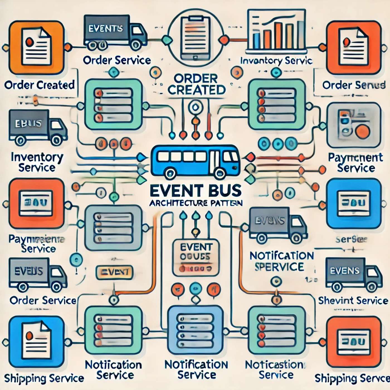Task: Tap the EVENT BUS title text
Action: click(x=195, y=191)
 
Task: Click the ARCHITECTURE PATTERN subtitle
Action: click(x=196, y=203)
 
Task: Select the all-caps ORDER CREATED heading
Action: click(x=196, y=84)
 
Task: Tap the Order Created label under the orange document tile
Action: click(x=40, y=85)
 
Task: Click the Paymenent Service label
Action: click(x=355, y=163)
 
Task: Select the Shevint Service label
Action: click(x=353, y=301)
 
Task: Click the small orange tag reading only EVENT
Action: click(x=114, y=272)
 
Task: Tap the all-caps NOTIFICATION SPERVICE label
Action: click(x=281, y=261)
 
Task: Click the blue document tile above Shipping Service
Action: click(x=36, y=341)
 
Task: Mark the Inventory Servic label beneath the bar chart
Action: click(x=276, y=61)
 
